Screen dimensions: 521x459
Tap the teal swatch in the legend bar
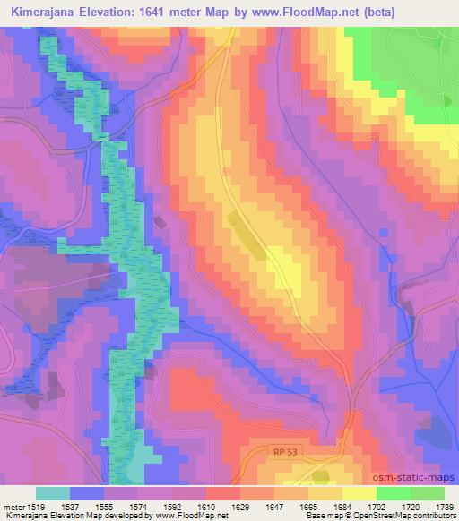(x=53, y=493)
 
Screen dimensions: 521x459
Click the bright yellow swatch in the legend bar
(x=359, y=493)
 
